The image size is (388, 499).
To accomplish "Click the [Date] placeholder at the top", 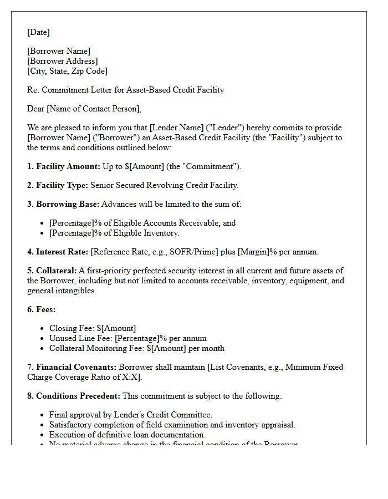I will [x=38, y=32].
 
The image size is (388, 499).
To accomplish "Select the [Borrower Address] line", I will [x=63, y=61].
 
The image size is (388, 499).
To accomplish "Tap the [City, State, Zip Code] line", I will [x=67, y=71].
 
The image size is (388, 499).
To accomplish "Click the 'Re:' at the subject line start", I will [x=33, y=90].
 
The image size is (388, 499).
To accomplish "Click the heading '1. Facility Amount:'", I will [x=64, y=166].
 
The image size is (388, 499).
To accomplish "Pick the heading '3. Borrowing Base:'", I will [x=63, y=204].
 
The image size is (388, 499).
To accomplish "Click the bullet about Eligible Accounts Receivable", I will [x=142, y=223].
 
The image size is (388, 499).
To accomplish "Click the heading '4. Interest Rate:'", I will [x=58, y=252].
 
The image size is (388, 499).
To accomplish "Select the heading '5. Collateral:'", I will [x=53, y=271].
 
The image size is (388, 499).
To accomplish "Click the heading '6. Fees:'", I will [x=42, y=309].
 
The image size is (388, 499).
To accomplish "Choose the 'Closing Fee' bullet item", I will [x=93, y=328].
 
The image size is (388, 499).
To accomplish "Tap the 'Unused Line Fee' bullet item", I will [x=127, y=338].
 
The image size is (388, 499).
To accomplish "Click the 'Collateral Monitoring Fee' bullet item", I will [x=136, y=348].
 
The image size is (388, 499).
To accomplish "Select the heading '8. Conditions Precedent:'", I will [x=74, y=396].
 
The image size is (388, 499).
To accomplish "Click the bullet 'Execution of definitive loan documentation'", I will [x=127, y=435].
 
